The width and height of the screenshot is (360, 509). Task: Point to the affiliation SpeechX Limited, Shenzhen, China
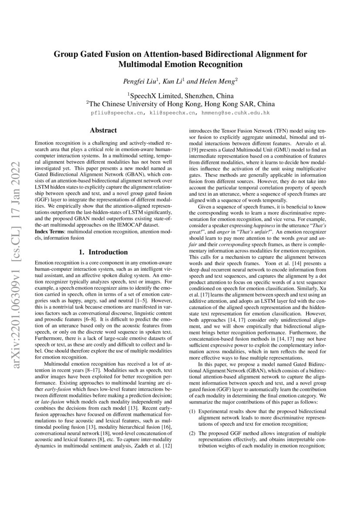tap(180, 96)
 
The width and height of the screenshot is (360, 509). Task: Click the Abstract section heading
tap(103, 130)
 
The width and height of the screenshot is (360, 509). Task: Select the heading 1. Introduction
tap(103, 252)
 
